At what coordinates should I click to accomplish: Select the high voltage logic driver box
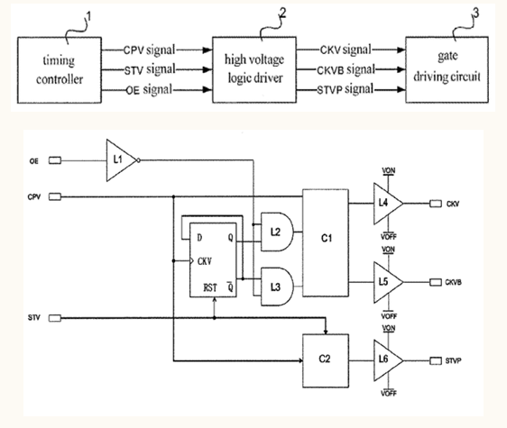255,69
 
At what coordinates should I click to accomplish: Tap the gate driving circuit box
448,69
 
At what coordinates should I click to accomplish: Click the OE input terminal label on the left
34,161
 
